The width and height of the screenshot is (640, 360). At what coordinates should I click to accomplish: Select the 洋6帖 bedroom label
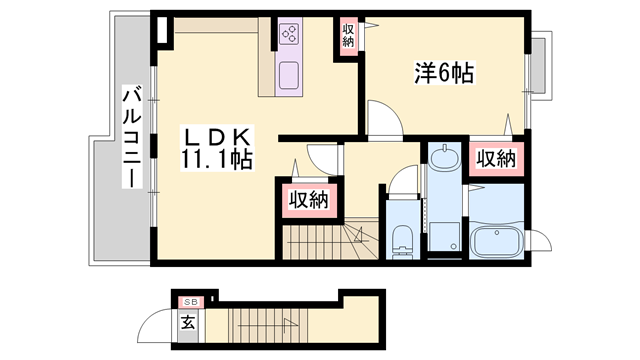coord(444,72)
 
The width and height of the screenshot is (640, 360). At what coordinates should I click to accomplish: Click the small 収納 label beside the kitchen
coord(348,36)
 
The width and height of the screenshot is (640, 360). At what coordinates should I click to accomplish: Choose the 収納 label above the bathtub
coord(496,158)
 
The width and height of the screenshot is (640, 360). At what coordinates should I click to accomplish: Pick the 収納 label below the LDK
coord(309,200)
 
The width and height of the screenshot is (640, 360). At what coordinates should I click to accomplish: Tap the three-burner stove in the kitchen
coord(292,36)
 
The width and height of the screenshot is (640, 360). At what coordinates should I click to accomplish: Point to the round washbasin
coord(445,157)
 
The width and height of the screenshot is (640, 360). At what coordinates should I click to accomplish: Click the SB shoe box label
coord(187,300)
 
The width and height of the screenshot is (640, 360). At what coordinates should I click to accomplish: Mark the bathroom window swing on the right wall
coord(540,240)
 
